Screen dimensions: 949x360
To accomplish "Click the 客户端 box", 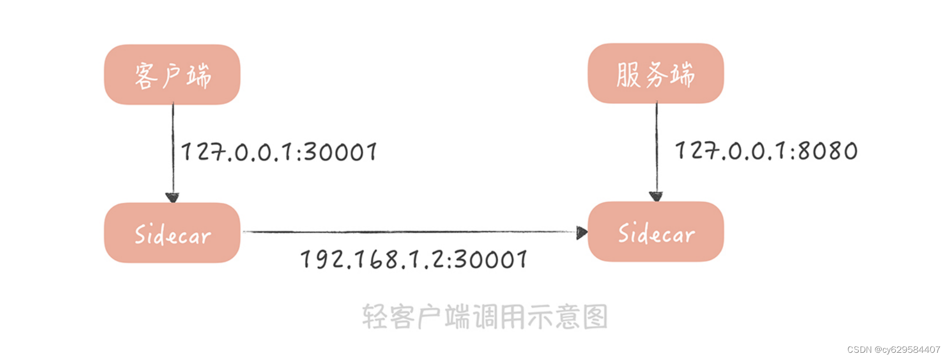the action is [x=172, y=74].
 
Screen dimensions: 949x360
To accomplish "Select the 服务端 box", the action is [x=656, y=73].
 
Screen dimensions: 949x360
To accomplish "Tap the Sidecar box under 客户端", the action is [x=172, y=233].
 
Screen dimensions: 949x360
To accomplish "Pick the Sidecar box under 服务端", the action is [x=656, y=232].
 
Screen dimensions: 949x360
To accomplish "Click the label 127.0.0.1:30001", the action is [x=279, y=152].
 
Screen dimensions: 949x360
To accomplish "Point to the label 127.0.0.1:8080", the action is [x=766, y=151].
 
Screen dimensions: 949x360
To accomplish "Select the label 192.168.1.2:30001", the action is [x=414, y=259].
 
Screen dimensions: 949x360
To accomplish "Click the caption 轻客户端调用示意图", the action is [x=485, y=317].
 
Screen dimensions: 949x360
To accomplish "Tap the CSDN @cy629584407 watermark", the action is [x=893, y=349].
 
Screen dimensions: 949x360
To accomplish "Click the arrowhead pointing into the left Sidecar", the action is [x=172, y=197].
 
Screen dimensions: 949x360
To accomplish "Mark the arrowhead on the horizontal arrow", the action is [x=582, y=232].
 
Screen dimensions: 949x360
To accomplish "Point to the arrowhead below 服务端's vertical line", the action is [x=656, y=196].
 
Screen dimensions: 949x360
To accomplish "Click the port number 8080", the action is [x=828, y=151].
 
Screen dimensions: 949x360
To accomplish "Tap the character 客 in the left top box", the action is [x=146, y=76].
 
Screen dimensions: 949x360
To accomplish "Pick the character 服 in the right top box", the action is [x=628, y=74].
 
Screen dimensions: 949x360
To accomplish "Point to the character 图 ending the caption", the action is [x=596, y=317].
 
